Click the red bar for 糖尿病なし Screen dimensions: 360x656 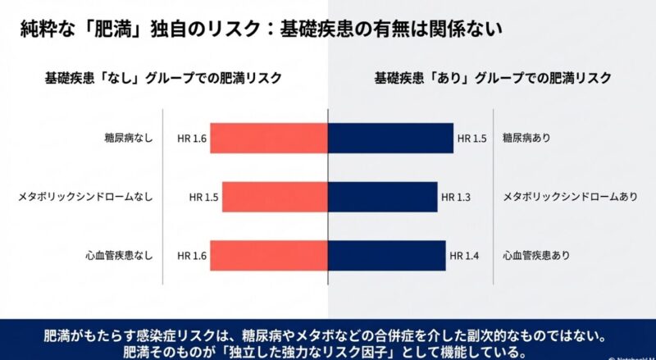click(269, 139)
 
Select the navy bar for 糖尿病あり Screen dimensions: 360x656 click(390, 139)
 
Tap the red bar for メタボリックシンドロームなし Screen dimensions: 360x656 click(275, 197)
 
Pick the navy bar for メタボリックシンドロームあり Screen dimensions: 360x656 click(382, 197)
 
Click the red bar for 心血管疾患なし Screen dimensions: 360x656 click(269, 256)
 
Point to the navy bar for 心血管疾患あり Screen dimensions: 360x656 click(386, 256)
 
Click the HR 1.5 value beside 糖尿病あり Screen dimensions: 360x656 click(473, 139)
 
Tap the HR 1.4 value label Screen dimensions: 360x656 click(465, 256)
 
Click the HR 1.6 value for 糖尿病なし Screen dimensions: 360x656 click(192, 139)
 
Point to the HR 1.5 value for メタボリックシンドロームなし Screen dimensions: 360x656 click(203, 197)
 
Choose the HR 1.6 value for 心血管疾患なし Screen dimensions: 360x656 click(192, 256)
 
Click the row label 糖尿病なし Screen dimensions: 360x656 click(124, 138)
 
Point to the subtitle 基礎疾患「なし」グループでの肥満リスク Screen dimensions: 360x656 click(163, 79)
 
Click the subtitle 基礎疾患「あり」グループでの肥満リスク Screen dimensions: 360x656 click(493, 79)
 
